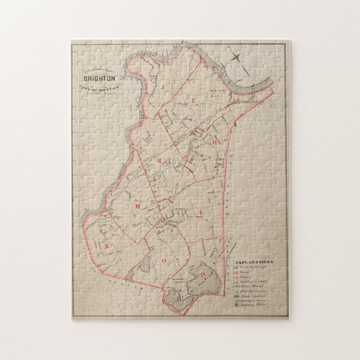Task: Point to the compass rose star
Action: click(237, 58)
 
